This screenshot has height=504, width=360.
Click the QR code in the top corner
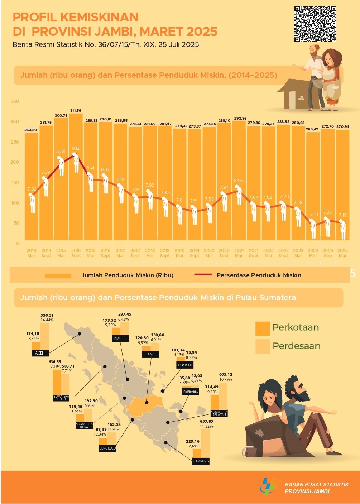point(315,24)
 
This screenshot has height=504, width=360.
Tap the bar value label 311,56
point(76,111)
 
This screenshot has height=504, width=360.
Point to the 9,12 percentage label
point(76,148)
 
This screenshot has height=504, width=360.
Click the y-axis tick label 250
point(15,142)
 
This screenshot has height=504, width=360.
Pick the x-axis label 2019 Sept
point(194,253)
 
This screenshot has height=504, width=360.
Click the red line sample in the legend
point(203,275)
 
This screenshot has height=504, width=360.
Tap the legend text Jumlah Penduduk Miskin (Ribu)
point(127,275)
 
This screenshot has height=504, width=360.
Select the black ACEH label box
point(40,353)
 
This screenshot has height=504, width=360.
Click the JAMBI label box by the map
point(151,354)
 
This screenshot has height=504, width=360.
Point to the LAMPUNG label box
point(201,461)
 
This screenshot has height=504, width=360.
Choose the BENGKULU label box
point(107,448)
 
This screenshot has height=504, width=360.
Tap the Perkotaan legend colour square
point(262,328)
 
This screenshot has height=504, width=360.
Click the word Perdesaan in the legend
point(296,346)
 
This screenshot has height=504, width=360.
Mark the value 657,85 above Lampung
point(206,422)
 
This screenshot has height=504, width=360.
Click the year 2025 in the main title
point(202,32)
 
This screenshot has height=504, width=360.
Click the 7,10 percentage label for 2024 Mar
point(314,215)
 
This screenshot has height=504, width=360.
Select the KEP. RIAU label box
point(185,365)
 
